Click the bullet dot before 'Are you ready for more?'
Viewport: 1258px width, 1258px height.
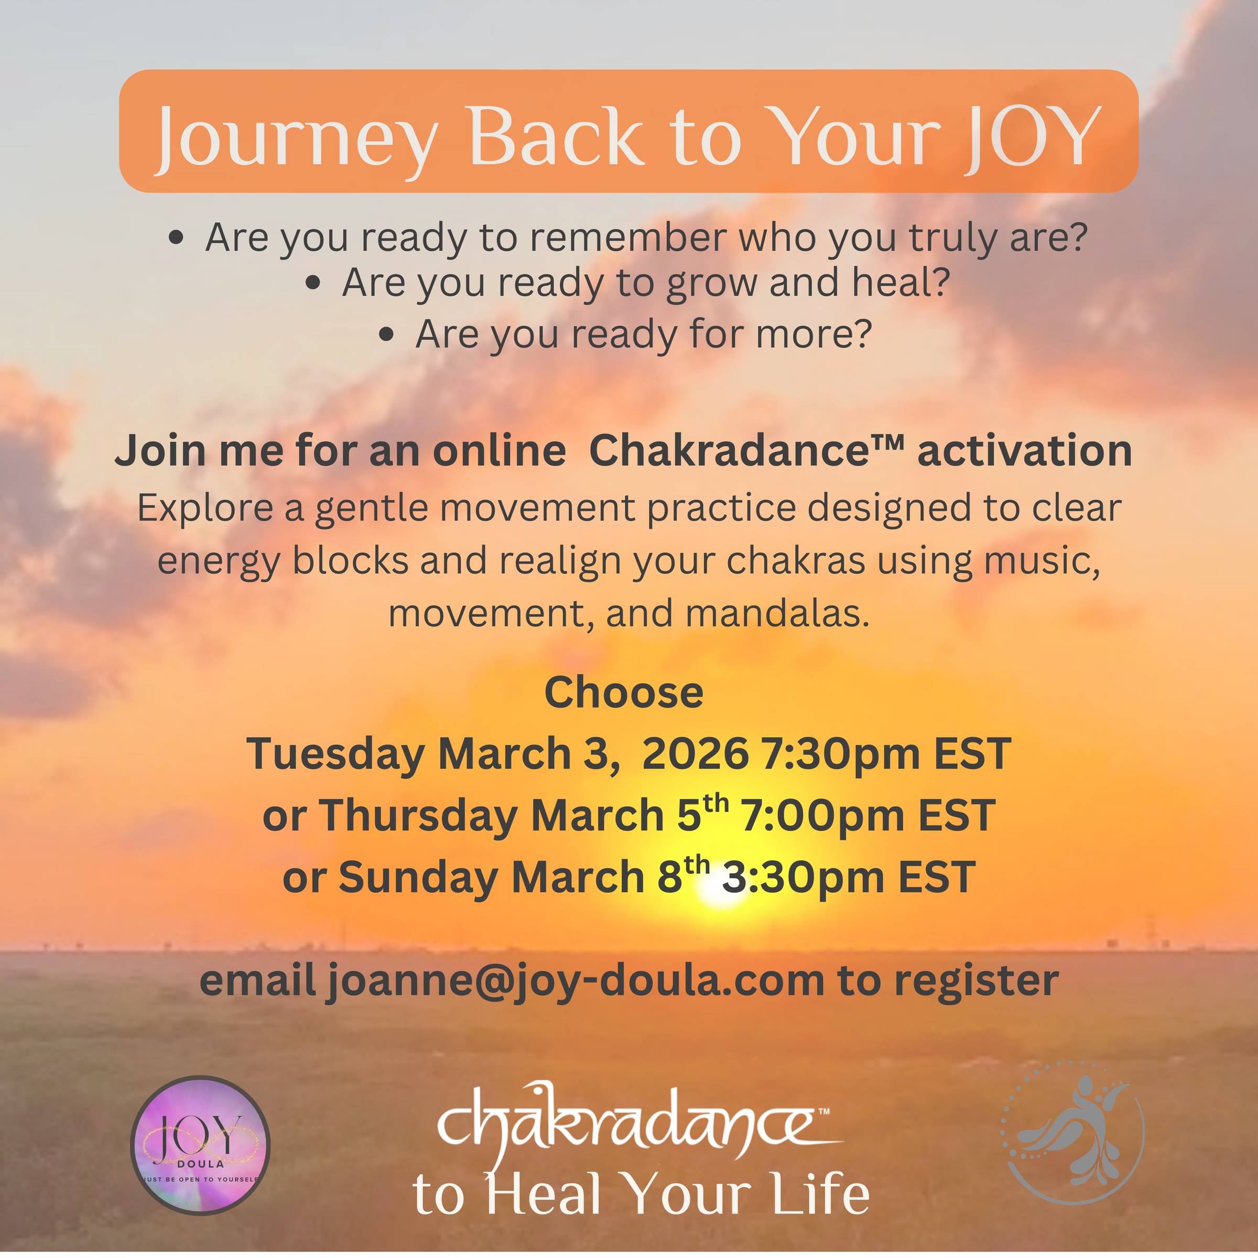(x=387, y=334)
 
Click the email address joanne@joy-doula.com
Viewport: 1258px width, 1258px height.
(x=576, y=980)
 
